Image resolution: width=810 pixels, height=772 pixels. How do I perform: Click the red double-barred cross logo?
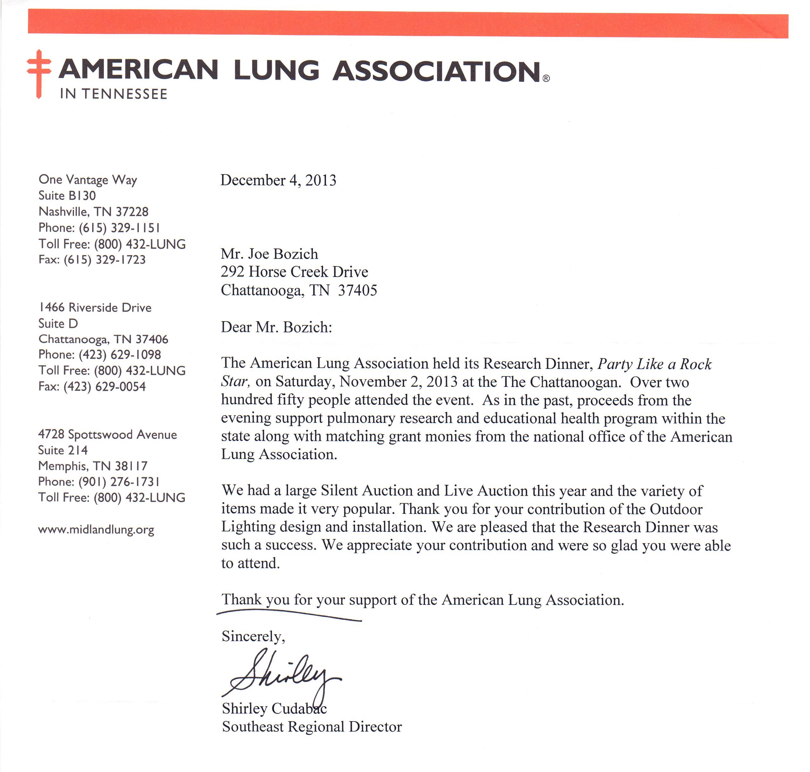pyautogui.click(x=39, y=73)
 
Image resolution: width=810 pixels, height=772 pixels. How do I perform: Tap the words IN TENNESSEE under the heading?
pyautogui.click(x=113, y=94)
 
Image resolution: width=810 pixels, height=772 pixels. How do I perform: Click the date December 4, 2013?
pyautogui.click(x=278, y=180)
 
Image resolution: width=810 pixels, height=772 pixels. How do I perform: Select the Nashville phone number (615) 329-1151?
pyautogui.click(x=119, y=227)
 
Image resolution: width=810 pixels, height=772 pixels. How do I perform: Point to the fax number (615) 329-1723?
pyautogui.click(x=105, y=260)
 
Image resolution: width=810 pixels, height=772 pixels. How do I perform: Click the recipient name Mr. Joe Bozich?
pyautogui.click(x=269, y=254)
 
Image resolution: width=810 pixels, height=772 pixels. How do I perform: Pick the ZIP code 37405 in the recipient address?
pyautogui.click(x=357, y=290)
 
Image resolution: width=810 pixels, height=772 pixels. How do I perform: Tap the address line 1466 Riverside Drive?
pyautogui.click(x=95, y=308)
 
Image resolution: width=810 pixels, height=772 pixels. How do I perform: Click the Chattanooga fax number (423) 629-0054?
pyautogui.click(x=105, y=386)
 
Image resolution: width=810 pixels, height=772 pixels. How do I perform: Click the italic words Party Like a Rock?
pyautogui.click(x=654, y=364)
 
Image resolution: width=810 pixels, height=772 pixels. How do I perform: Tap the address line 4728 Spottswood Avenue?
pyautogui.click(x=107, y=434)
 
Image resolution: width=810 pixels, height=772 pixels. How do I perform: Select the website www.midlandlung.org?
pyautogui.click(x=96, y=530)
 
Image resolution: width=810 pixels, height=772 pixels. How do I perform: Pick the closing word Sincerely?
pyautogui.click(x=253, y=636)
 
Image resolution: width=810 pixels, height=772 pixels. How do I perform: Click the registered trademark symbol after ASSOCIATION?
pyautogui.click(x=545, y=78)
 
